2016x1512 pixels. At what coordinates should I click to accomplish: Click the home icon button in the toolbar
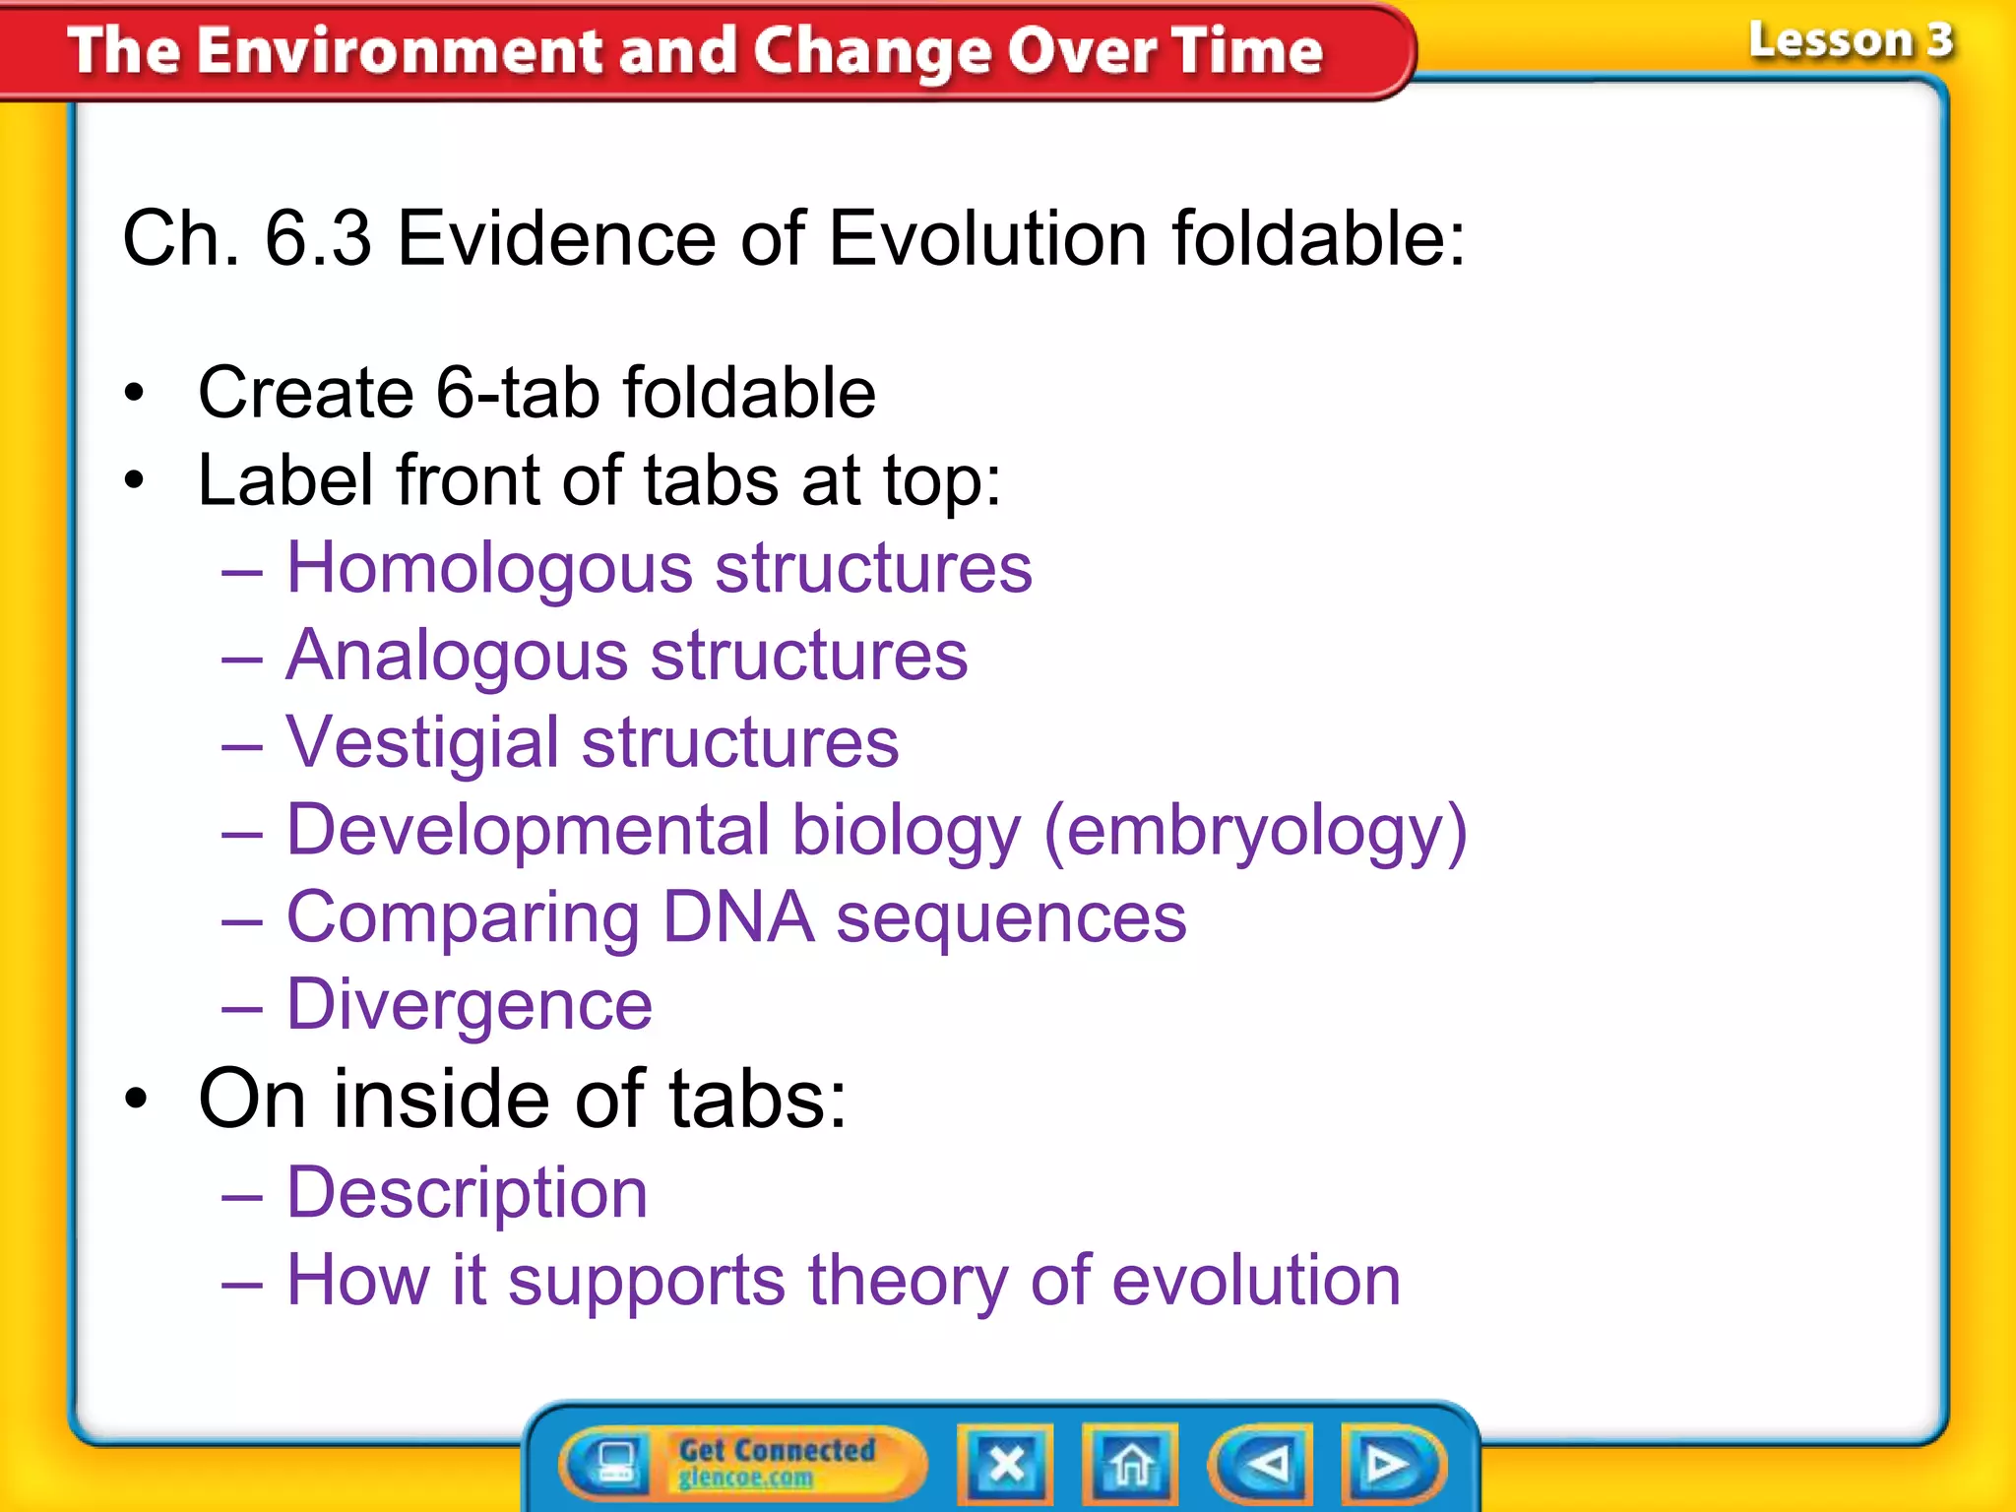1130,1465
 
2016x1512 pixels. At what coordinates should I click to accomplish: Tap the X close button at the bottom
1006,1465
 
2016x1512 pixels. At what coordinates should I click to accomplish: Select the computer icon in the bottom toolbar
615,1464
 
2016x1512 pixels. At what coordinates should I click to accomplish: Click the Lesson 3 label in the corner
1850,41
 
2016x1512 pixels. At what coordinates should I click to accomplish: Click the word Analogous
456,656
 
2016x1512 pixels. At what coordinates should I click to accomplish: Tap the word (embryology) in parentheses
1255,831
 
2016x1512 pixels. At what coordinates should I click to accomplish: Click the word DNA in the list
737,917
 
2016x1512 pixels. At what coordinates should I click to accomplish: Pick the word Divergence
469,1005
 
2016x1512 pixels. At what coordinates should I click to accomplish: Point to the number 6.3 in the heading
318,238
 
